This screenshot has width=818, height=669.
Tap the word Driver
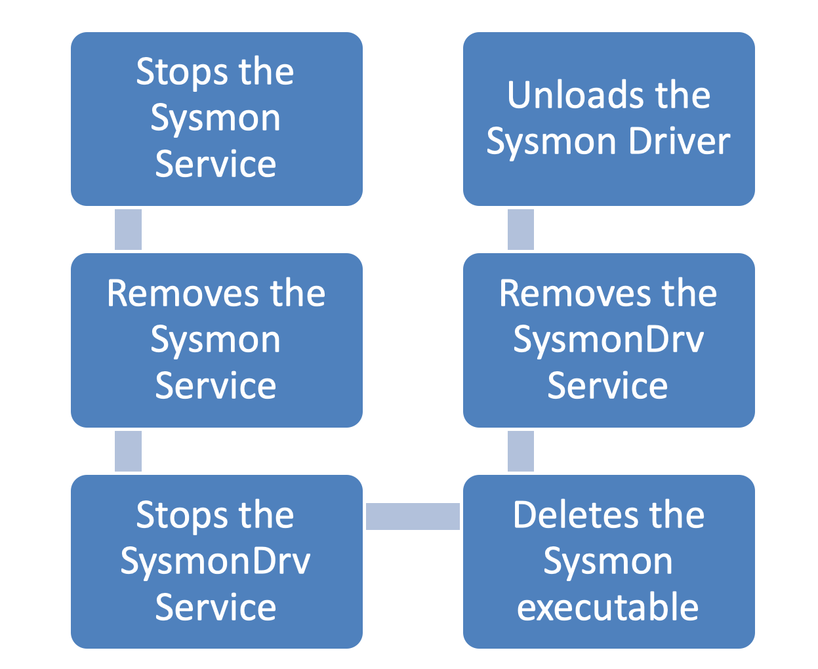(679, 142)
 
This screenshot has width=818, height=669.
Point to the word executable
(608, 607)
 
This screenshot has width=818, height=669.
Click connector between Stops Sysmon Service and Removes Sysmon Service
(128, 230)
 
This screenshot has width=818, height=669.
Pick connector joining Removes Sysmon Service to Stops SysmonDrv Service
(128, 451)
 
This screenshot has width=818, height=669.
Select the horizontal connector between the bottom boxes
(413, 516)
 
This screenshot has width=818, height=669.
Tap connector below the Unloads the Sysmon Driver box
(521, 230)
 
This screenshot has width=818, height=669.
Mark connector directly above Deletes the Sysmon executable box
(521, 451)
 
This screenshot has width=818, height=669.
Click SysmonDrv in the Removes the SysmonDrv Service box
(608, 340)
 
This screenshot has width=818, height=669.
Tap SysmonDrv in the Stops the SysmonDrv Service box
(216, 562)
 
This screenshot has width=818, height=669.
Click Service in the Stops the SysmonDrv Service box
(216, 607)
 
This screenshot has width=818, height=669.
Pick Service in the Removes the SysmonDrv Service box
(608, 386)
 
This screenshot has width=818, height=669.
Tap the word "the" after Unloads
(682, 95)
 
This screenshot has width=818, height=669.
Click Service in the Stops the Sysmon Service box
(216, 164)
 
